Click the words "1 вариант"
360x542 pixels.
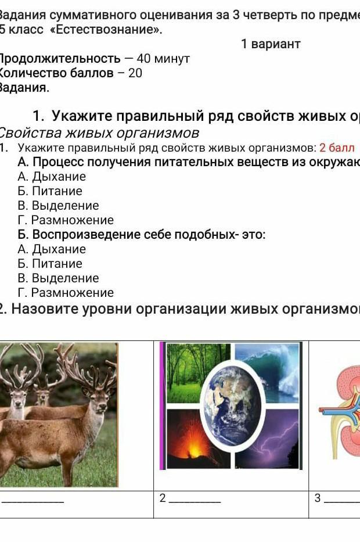point(271,44)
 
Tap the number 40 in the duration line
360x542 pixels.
point(143,59)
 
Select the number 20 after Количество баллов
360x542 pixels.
point(135,73)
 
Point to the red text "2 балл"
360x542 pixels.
point(337,148)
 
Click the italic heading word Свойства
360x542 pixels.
point(30,132)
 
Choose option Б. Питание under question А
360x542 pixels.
point(50,191)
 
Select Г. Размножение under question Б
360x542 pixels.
point(66,293)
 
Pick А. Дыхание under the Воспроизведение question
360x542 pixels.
point(52,249)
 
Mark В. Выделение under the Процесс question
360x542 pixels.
point(59,206)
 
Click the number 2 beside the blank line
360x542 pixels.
point(163,498)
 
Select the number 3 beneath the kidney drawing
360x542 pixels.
point(318,498)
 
